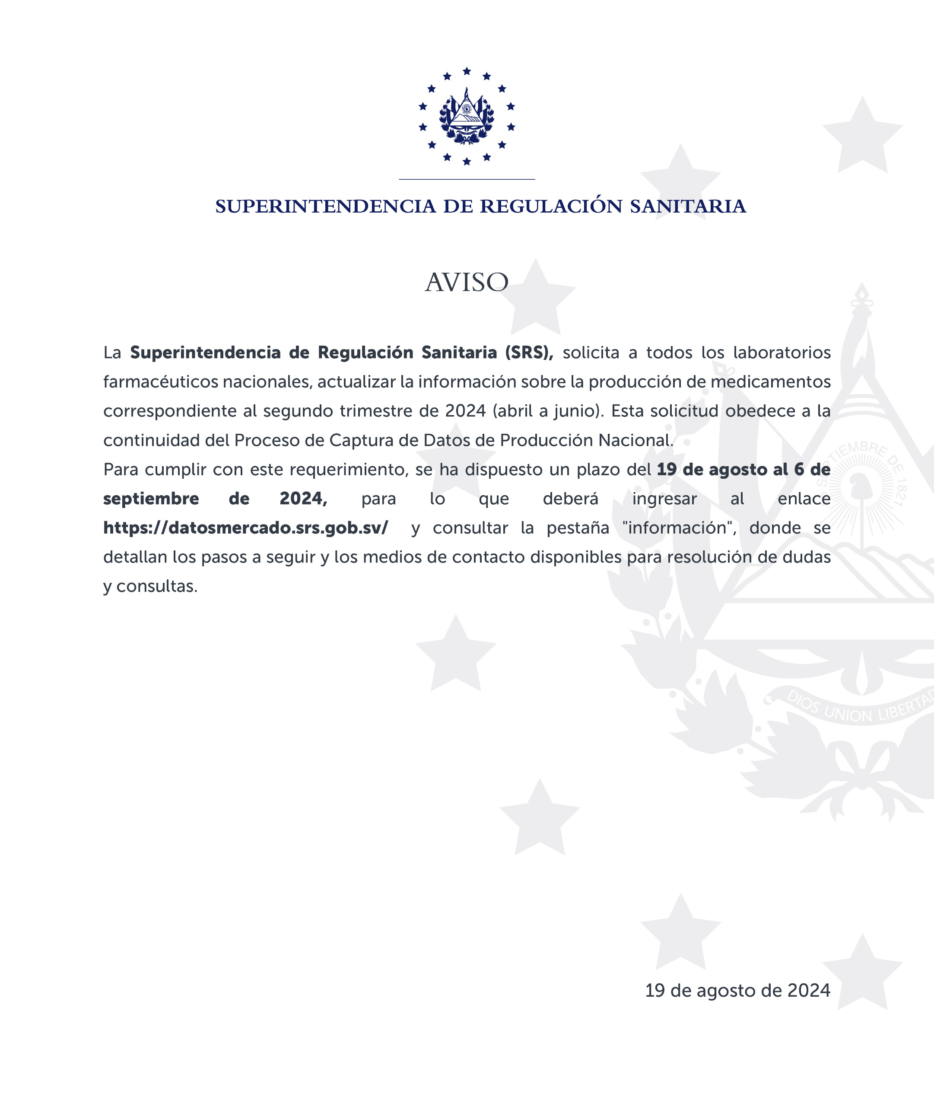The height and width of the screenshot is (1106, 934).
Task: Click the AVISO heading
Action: click(x=467, y=282)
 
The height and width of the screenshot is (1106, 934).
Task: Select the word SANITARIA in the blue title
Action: click(x=688, y=207)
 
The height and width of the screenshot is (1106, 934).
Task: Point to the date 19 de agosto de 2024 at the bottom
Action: click(x=737, y=991)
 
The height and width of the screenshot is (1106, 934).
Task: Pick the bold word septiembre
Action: click(x=151, y=499)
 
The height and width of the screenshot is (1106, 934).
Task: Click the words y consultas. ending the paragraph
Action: click(x=150, y=587)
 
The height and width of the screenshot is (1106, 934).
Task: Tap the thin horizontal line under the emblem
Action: click(x=467, y=179)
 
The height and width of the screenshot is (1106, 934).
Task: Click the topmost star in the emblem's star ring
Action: click(x=467, y=71)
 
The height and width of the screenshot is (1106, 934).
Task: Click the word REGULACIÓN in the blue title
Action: click(x=551, y=207)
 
